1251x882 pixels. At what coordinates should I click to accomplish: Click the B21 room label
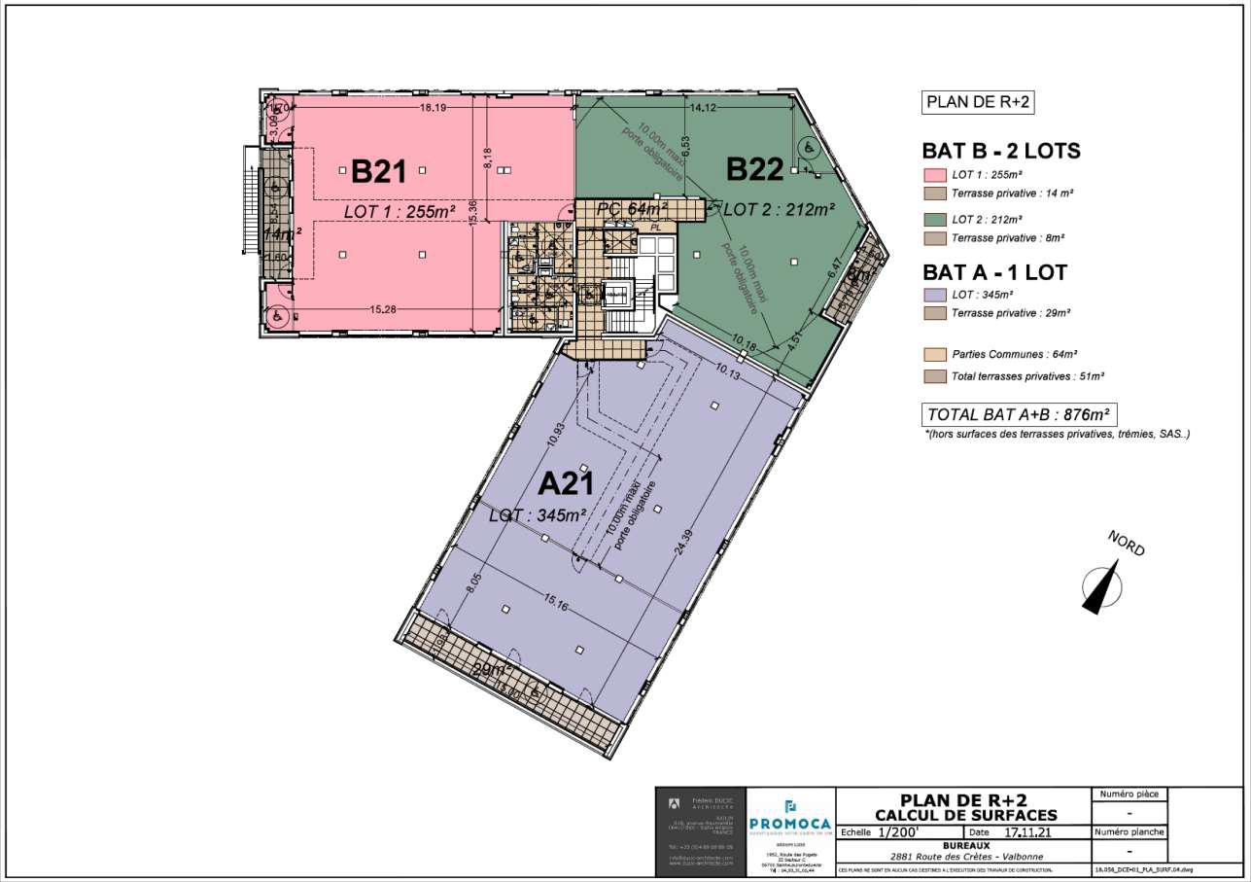tap(378, 171)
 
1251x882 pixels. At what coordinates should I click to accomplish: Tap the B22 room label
tap(755, 169)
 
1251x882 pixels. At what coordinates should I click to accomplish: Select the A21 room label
tap(567, 482)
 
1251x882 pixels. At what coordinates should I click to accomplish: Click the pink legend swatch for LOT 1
tap(934, 175)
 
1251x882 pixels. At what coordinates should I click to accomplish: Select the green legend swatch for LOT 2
tap(934, 219)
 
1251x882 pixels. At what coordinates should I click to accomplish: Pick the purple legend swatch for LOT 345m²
tap(934, 294)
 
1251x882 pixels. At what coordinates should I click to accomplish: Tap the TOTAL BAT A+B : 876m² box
tap(1019, 414)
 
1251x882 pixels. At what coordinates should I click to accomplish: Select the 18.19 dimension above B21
tap(433, 108)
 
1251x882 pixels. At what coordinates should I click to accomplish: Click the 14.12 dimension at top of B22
tap(702, 108)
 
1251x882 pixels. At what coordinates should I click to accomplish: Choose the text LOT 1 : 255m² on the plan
tap(401, 210)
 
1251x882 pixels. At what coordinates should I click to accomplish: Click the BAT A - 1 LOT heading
tap(993, 272)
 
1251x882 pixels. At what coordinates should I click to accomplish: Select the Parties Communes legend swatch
tap(934, 356)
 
